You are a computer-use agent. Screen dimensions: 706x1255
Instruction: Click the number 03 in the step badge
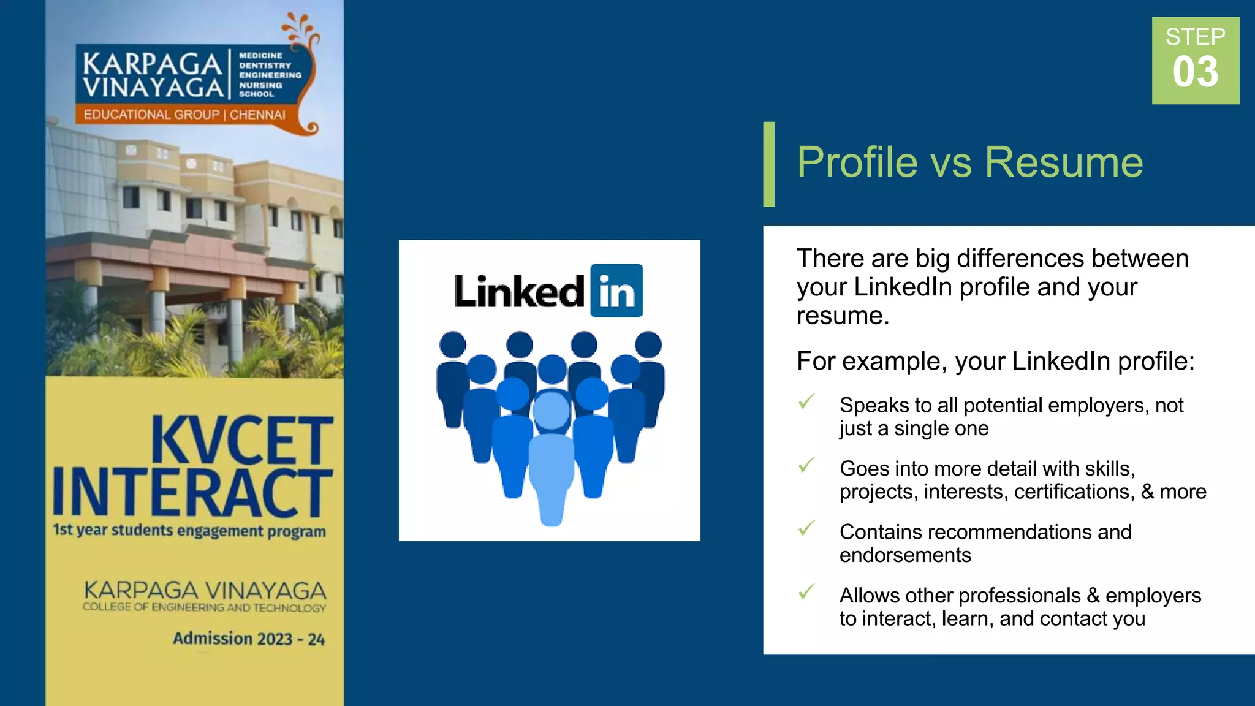[x=1195, y=72]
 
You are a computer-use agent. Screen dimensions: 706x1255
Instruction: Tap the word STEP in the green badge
[x=1195, y=37]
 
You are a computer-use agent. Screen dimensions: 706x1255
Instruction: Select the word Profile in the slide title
[x=857, y=162]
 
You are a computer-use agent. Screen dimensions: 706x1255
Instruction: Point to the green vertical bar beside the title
[x=769, y=164]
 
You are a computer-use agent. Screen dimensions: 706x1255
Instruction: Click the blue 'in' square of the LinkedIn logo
[x=616, y=291]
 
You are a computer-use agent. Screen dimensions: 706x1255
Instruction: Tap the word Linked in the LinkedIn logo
[x=519, y=292]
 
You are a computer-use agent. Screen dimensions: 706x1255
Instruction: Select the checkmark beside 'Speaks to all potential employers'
[x=806, y=401]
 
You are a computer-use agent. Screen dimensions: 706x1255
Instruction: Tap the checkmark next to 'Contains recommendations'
[x=806, y=528]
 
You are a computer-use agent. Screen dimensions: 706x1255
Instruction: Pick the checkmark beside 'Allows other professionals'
[x=806, y=591]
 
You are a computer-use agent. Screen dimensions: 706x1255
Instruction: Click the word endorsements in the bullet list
[x=905, y=555]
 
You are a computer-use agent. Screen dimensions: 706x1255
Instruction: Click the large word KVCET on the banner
[x=242, y=439]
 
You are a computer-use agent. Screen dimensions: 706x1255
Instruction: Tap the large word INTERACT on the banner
[x=192, y=492]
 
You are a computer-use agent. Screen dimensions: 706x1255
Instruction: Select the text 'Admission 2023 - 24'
[x=248, y=639]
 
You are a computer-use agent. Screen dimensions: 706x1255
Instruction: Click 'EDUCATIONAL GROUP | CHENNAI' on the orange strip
[x=184, y=115]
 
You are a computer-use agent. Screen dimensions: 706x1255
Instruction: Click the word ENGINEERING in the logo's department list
[x=270, y=75]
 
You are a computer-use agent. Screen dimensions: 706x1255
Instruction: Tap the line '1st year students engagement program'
[x=189, y=530]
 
